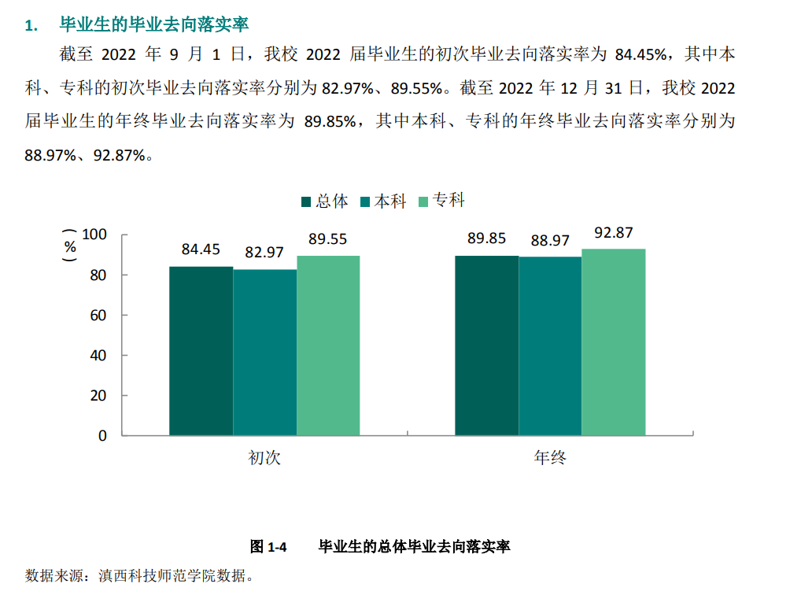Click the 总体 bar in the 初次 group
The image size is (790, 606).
pos(201,351)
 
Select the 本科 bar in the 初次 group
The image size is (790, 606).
pos(264,353)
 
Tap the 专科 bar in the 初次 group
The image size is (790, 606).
pos(328,345)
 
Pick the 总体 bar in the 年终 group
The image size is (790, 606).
pos(486,345)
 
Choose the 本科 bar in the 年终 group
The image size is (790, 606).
pos(550,346)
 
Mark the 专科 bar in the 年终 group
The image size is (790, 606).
pos(614,342)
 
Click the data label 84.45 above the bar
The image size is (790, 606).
pos(201,249)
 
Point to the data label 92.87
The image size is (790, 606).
pos(614,232)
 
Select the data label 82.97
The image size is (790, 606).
pos(264,253)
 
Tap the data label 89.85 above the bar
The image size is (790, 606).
pos(486,238)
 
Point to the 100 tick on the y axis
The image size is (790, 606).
pos(94,235)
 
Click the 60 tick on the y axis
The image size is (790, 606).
pos(98,316)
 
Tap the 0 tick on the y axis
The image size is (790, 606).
pos(102,435)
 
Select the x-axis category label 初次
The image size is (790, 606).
pos(264,458)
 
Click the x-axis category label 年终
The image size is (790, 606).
pos(550,458)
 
